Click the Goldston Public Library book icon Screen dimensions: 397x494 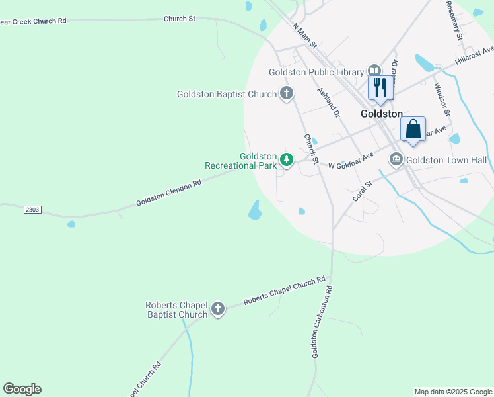(374, 71)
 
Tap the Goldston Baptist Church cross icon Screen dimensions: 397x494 (286, 93)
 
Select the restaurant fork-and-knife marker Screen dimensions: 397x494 (380, 87)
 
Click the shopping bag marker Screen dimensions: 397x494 (413, 128)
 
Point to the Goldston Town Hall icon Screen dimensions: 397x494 (396, 159)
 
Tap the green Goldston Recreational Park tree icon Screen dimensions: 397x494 (286, 159)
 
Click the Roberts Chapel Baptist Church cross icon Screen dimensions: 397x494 (217, 308)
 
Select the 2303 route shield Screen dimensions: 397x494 (32, 210)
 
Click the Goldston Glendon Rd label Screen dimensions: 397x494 (168, 193)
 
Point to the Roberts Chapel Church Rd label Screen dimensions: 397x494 (285, 291)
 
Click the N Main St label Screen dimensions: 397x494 (305, 36)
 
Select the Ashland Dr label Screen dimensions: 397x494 (328, 103)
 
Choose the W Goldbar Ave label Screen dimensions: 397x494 (351, 159)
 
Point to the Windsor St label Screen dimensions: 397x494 (442, 99)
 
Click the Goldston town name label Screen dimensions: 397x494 (382, 114)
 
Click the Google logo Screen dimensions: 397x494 (22, 389)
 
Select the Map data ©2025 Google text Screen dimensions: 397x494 (453, 392)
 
